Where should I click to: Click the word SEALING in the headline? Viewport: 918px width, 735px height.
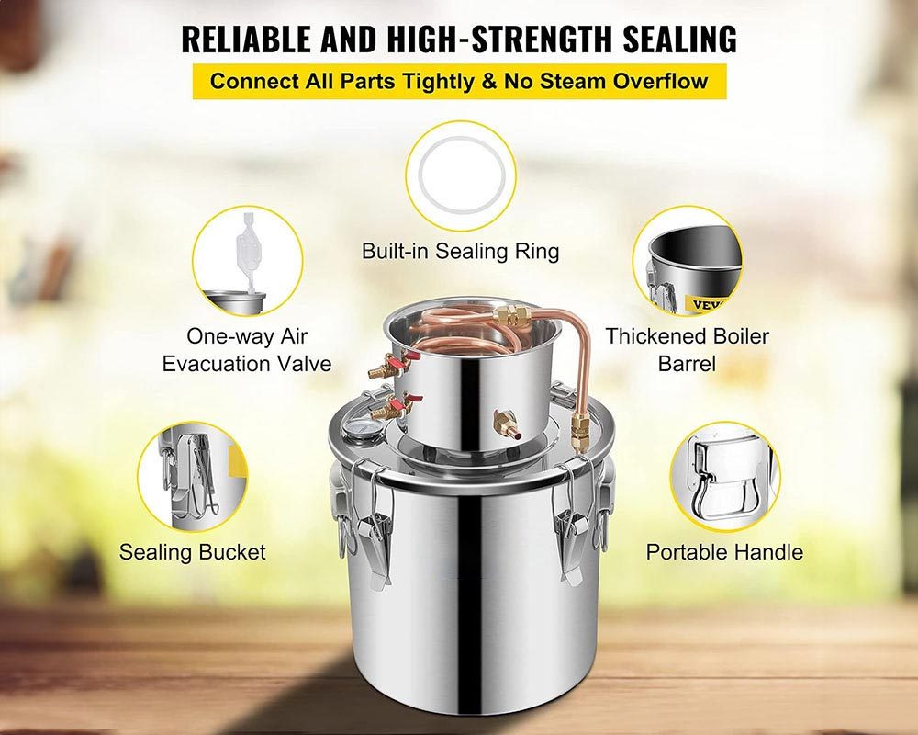(679, 39)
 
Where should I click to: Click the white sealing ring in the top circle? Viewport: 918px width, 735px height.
(462, 175)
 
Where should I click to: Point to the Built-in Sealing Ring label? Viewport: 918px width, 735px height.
(460, 251)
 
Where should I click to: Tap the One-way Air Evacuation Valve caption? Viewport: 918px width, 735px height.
(246, 349)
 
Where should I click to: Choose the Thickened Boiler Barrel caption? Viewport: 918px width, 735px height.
(687, 349)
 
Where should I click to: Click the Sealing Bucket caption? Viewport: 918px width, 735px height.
(192, 551)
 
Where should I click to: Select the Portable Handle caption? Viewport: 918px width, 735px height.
(724, 551)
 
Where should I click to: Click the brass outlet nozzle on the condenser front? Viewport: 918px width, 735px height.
(506, 424)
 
